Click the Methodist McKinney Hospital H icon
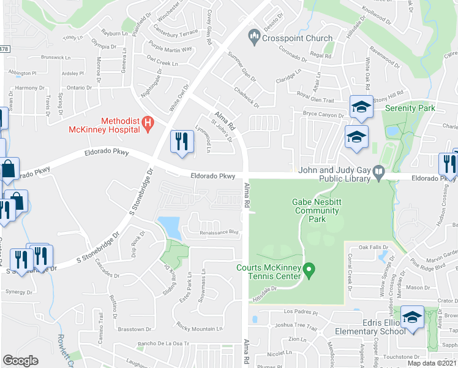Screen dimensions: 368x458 coord(148,125)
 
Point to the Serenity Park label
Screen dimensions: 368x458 coord(410,108)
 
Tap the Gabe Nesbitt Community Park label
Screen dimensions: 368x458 coord(316,211)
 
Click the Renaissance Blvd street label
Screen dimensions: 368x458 coord(219,232)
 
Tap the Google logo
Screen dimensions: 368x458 coord(20,360)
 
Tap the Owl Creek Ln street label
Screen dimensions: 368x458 coord(163,63)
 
